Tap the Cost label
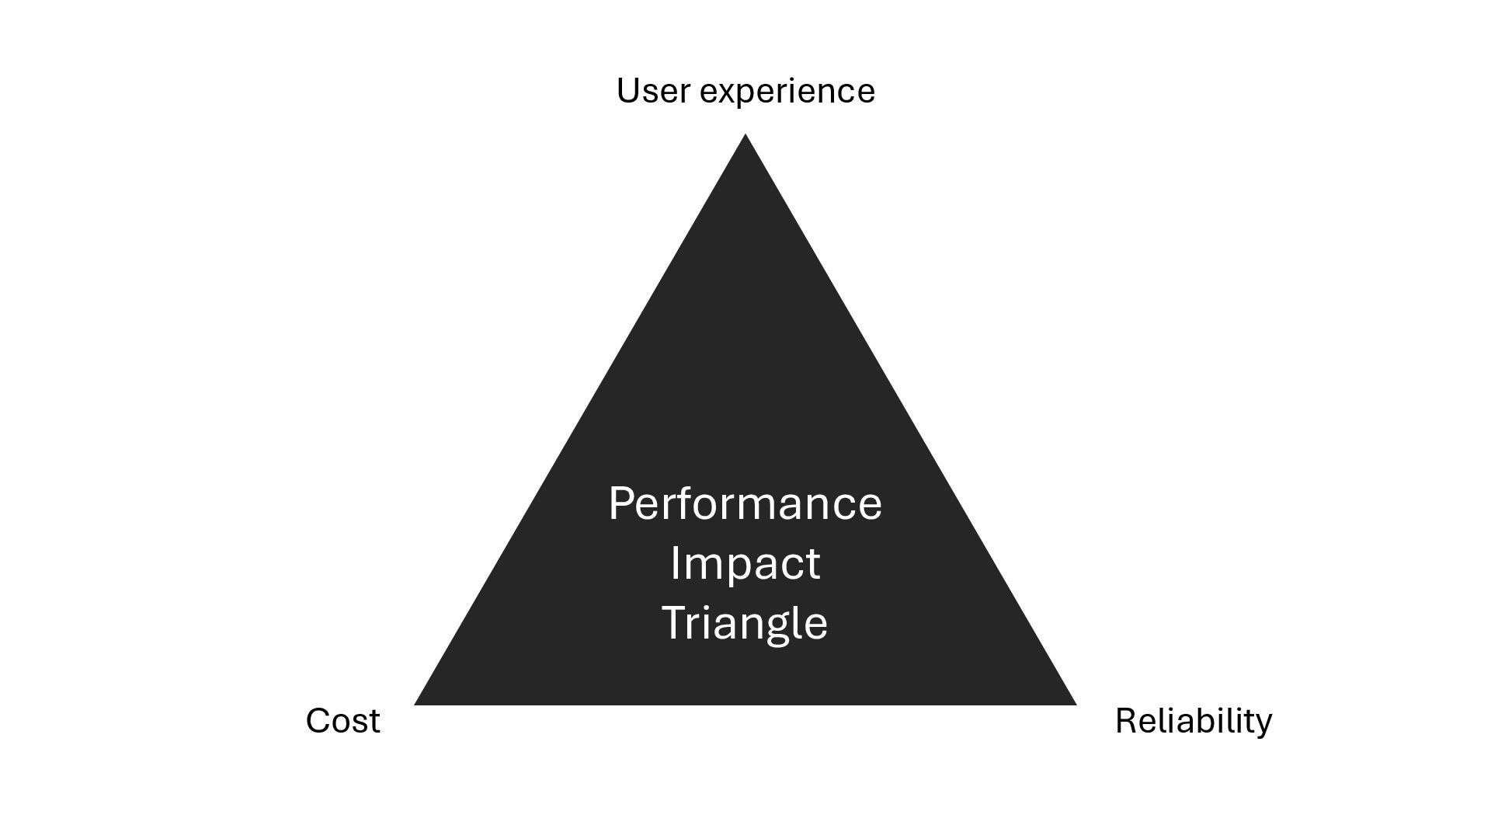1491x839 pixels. coord(342,721)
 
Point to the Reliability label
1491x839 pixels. coord(1194,721)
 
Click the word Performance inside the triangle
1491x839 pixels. coord(745,504)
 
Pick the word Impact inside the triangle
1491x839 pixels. coord(745,563)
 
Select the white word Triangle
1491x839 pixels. coord(745,623)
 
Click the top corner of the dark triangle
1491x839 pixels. coord(745,137)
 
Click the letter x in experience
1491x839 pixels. coord(728,94)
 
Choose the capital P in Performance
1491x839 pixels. coord(621,503)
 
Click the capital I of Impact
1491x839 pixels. coord(674,563)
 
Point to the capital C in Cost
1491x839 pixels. coord(319,721)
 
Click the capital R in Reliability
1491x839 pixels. coord(1125,721)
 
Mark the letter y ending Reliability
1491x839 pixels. coord(1263,725)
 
